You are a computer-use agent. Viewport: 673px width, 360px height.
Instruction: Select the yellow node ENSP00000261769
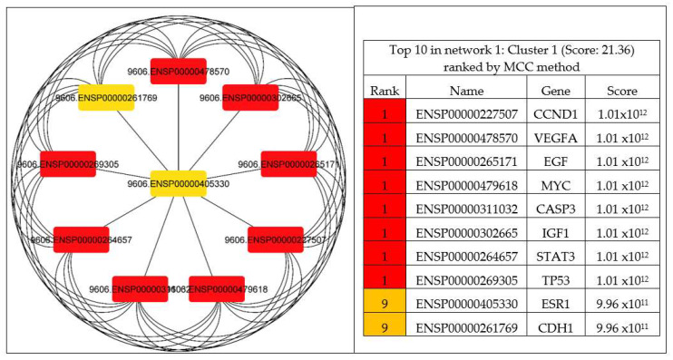[x=106, y=98]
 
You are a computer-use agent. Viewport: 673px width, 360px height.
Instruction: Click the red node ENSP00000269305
[x=68, y=164]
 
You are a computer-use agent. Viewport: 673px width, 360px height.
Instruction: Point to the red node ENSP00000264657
[x=82, y=240]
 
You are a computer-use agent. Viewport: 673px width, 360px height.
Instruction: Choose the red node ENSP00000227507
[x=275, y=240]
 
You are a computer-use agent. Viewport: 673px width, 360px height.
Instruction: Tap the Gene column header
[x=555, y=92]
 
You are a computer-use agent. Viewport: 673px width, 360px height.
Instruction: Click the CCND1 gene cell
[x=555, y=115]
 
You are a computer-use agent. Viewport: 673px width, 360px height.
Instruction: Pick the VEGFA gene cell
[x=555, y=138]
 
